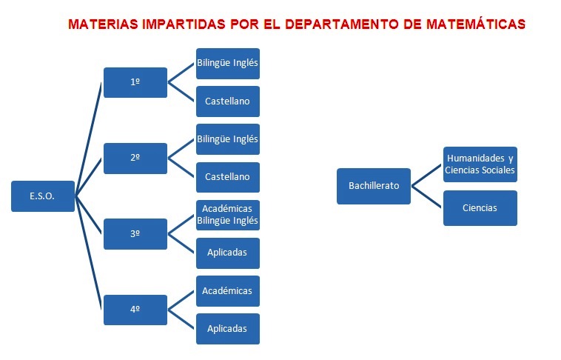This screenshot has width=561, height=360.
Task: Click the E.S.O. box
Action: [43, 196]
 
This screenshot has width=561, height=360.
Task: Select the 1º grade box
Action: [135, 82]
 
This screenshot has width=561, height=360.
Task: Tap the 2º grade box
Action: [135, 159]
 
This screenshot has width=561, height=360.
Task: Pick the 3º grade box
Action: [135, 234]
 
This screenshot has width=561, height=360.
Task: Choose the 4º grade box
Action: [135, 310]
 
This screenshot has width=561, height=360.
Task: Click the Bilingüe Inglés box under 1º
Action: [228, 64]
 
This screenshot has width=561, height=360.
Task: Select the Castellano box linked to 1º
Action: [228, 101]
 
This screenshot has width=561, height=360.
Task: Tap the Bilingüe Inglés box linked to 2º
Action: [228, 139]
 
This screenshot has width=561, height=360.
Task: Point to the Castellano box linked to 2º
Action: [228, 177]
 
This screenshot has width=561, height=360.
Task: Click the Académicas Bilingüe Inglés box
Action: [228, 215]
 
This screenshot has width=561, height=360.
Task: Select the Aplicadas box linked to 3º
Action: [228, 253]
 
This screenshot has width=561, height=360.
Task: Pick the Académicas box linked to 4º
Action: [228, 291]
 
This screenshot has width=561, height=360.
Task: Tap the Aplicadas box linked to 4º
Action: [228, 329]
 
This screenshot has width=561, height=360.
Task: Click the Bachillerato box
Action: [374, 186]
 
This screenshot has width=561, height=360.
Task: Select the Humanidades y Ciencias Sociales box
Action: [480, 164]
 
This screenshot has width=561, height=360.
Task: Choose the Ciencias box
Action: [480, 208]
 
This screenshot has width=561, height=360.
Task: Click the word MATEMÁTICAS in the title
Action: [476, 24]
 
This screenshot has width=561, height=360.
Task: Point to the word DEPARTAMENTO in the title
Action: [342, 24]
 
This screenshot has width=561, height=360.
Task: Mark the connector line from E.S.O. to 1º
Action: [88, 139]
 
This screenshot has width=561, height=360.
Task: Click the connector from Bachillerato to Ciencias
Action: [426, 196]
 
